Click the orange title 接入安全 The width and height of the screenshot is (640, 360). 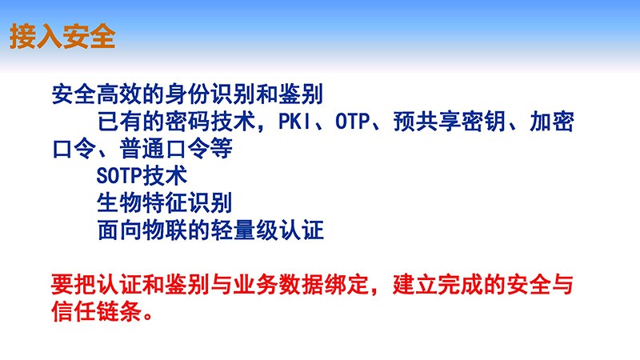click(62, 36)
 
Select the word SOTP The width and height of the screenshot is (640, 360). click(119, 175)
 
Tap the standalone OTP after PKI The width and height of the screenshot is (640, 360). click(352, 122)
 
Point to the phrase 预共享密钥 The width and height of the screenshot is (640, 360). click(450, 122)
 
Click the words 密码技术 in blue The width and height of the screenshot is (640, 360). click(210, 122)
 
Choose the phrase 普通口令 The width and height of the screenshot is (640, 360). click(165, 148)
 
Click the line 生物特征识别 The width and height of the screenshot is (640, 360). click(165, 203)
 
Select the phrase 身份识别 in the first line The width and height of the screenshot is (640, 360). click(210, 94)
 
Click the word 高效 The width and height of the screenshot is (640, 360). click(119, 94)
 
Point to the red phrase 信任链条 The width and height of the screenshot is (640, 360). click(97, 311)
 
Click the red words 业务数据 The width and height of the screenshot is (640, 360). click(278, 285)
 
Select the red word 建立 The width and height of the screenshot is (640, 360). click(415, 285)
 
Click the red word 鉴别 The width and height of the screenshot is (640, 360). click(187, 285)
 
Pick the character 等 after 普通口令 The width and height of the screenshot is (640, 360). click(222, 148)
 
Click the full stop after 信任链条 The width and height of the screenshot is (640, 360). click(148, 316)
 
